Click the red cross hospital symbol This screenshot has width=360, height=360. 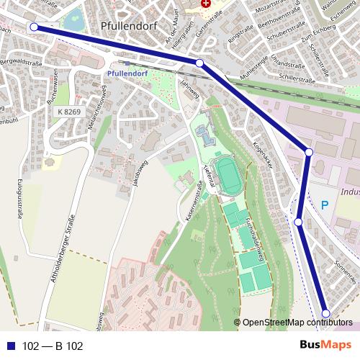coord(207,4)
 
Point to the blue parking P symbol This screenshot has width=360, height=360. coord(324,205)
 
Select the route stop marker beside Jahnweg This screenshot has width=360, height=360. coord(199,63)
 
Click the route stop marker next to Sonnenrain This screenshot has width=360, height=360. coord(325,313)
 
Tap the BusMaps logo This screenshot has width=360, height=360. coord(326,345)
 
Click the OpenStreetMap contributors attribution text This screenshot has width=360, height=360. coord(297,322)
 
